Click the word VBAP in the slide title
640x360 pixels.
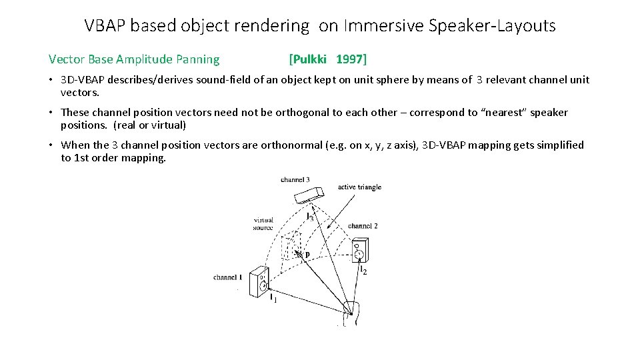(105, 26)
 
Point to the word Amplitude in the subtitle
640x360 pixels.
(144, 59)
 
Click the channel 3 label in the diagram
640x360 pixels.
(295, 180)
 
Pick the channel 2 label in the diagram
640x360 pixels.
(363, 226)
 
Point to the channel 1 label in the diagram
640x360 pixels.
(227, 277)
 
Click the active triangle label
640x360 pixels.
(359, 187)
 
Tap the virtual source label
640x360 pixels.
(263, 224)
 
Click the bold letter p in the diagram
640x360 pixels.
(307, 254)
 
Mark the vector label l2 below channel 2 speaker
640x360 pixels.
(363, 270)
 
